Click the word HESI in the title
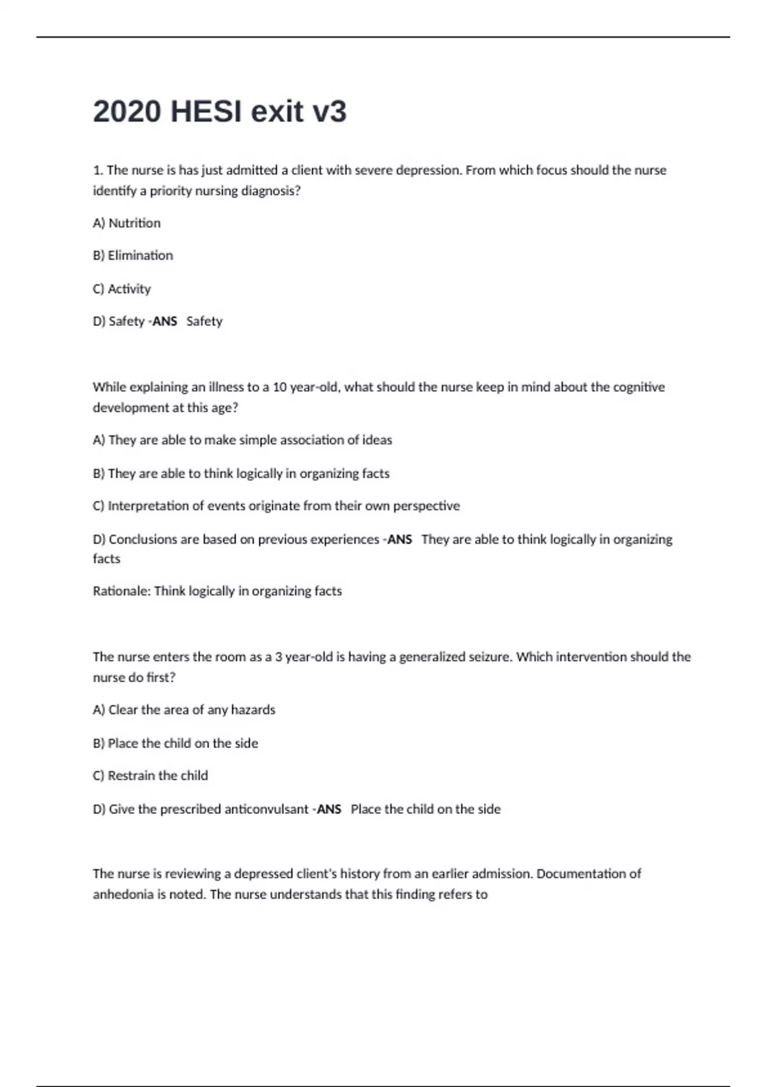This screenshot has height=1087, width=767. pyautogui.click(x=206, y=112)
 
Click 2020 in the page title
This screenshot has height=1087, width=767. pyautogui.click(x=127, y=112)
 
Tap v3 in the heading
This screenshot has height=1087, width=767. pyautogui.click(x=329, y=112)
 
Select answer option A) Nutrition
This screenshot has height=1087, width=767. pyautogui.click(x=127, y=223)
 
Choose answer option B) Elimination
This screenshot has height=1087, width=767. pyautogui.click(x=133, y=256)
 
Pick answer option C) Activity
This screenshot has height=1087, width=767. pyautogui.click(x=122, y=289)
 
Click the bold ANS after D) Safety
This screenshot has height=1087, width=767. pyautogui.click(x=164, y=322)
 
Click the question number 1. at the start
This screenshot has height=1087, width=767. pyautogui.click(x=98, y=170)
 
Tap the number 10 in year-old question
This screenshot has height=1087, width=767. pyautogui.click(x=279, y=387)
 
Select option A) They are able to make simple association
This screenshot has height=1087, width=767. pyautogui.click(x=242, y=440)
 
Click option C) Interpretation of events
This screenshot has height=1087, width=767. pyautogui.click(x=276, y=506)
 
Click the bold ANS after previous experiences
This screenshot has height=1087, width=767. pyautogui.click(x=399, y=540)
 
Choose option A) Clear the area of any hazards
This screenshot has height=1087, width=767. pyautogui.click(x=184, y=710)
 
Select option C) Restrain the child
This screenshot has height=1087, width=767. pyautogui.click(x=150, y=776)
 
